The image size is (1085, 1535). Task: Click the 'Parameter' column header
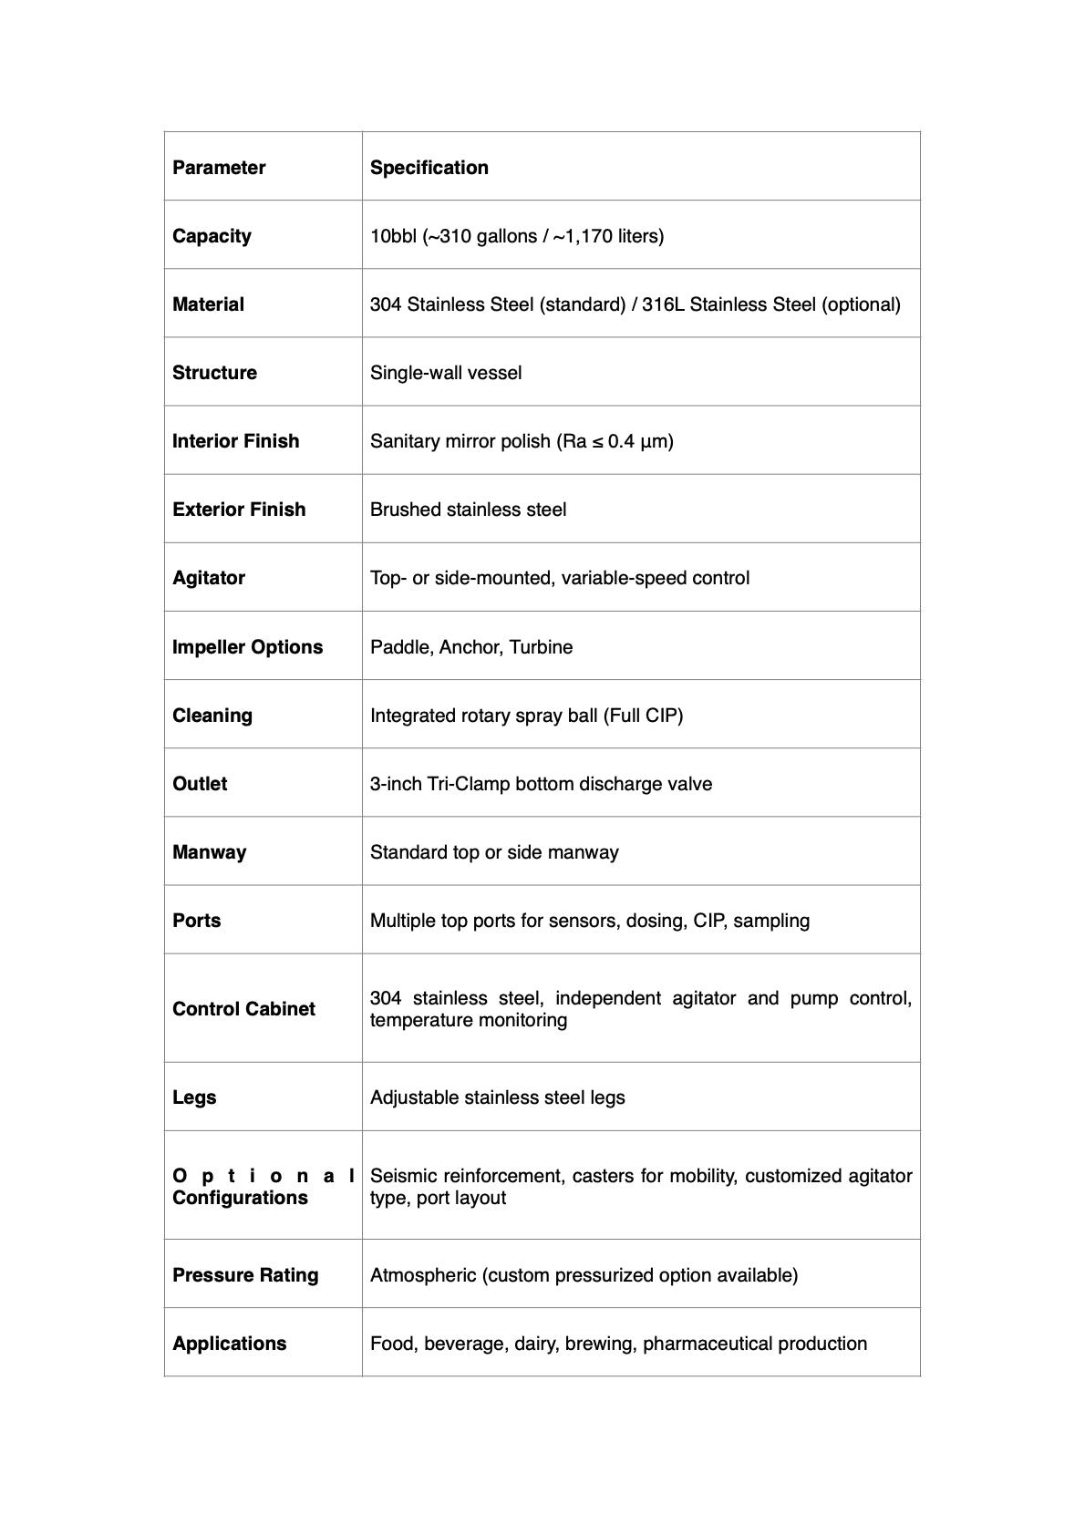coord(219,168)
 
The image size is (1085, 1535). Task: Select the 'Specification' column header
coord(429,168)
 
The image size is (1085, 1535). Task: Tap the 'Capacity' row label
coord(212,236)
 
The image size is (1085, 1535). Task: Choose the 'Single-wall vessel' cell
coord(446,373)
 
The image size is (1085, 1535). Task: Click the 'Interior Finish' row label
coord(235,441)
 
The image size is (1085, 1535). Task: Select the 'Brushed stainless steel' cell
coord(468,510)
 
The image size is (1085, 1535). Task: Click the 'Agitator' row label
coord(209,578)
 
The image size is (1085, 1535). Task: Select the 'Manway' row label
coord(209,852)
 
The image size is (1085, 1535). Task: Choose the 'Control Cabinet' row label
coord(243,1009)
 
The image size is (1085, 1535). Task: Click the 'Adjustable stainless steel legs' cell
coord(497,1097)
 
